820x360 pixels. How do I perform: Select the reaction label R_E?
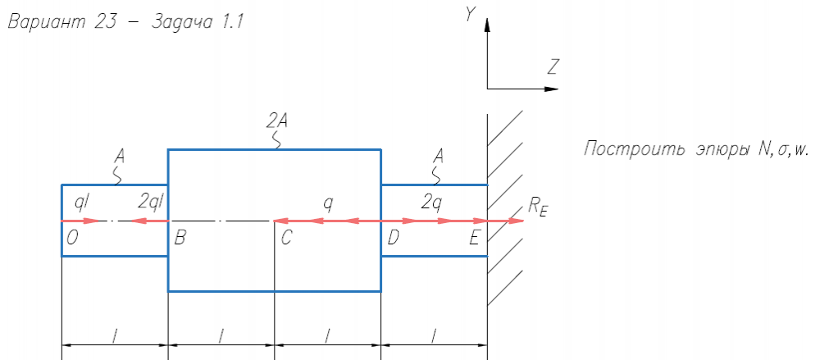click(538, 208)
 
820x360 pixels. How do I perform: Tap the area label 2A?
click(276, 121)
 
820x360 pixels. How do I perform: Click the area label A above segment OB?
click(121, 156)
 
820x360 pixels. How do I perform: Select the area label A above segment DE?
click(440, 156)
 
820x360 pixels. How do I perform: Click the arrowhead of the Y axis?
click(487, 24)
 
